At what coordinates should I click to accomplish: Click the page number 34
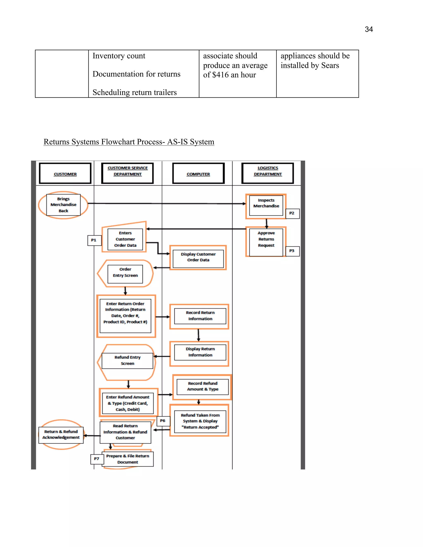[369, 29]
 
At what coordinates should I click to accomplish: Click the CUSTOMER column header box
[65, 174]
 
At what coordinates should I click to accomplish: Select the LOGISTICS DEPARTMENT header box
[267, 173]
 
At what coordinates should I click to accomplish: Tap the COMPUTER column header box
[198, 174]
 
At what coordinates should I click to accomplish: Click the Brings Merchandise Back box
[63, 205]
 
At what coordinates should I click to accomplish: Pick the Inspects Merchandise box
[266, 205]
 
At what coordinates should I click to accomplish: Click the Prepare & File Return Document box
[128, 459]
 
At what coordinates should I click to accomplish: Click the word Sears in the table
[330, 65]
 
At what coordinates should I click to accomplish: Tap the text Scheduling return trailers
[135, 92]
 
